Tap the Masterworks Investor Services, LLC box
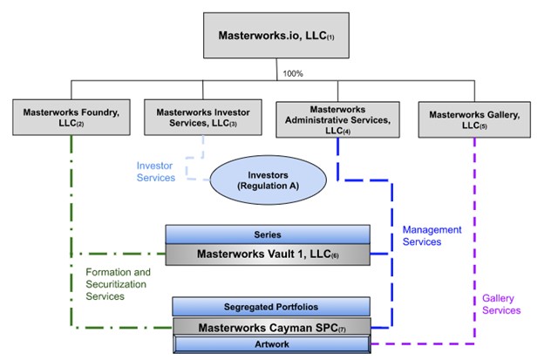click(196, 117)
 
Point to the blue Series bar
click(267, 234)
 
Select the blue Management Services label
click(432, 235)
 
